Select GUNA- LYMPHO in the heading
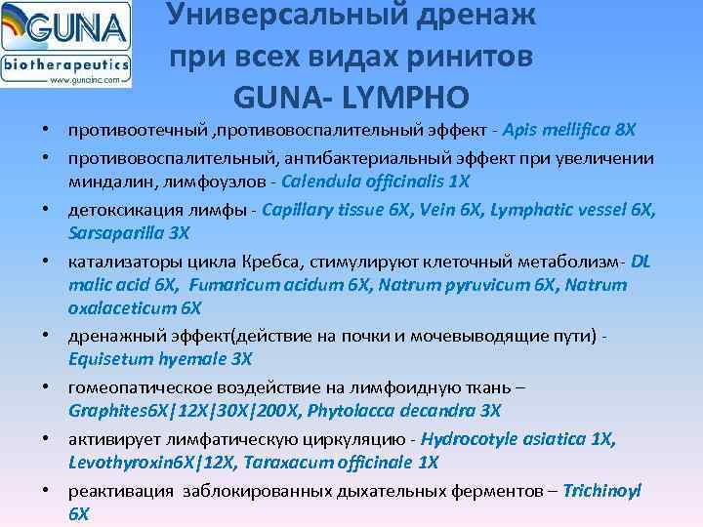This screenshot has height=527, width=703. pyautogui.click(x=351, y=97)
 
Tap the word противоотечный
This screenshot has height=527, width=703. pyautogui.click(x=132, y=130)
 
